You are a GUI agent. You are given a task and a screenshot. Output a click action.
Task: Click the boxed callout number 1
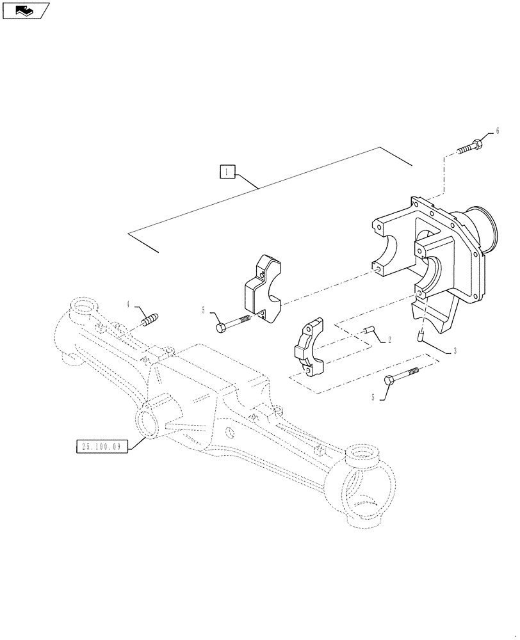228,171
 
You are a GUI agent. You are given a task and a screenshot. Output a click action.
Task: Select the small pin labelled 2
368,330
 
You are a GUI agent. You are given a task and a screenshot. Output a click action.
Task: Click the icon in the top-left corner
26,10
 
